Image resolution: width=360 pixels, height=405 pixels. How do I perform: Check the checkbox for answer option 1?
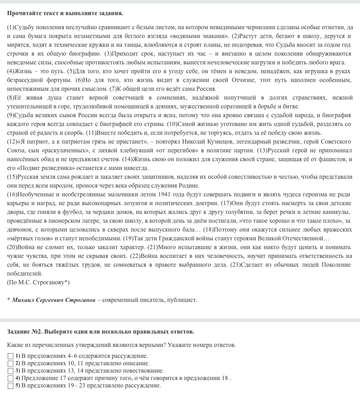coord(11,356)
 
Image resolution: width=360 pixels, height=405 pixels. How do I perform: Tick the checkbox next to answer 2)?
coord(11,363)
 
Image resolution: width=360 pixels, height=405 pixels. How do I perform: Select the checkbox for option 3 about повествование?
coord(11,371)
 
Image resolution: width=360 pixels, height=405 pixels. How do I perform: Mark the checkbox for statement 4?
coord(11,378)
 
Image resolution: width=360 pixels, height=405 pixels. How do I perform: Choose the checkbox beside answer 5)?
coord(11,386)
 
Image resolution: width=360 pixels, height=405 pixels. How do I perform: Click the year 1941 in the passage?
coord(165,195)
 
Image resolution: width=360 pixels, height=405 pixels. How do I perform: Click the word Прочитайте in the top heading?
coord(22,13)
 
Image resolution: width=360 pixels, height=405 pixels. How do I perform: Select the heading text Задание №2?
coord(25,332)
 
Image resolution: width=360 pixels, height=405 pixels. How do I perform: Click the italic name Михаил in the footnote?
coord(23,300)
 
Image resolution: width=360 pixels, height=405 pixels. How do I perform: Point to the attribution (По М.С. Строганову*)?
coord(38,283)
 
